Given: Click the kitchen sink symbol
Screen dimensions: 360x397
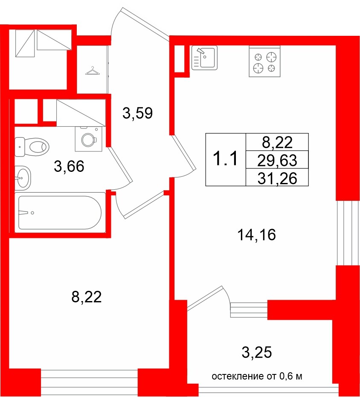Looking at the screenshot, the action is point(204,58).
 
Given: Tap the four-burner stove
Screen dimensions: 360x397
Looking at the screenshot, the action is point(264,61).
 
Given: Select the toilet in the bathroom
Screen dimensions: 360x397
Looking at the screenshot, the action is point(32,147).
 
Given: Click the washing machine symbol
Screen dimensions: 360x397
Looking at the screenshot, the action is point(88,139).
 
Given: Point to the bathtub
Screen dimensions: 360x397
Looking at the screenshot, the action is point(60,212).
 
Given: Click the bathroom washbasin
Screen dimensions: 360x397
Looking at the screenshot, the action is point(23,178).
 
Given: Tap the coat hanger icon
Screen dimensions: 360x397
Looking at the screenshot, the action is point(92,71).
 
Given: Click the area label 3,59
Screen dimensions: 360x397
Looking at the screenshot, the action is point(137,113).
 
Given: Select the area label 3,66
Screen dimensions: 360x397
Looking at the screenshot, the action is point(69,166).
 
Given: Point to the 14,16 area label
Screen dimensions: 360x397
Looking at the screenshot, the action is point(256,235).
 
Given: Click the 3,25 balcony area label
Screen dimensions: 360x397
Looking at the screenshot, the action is point(257,352).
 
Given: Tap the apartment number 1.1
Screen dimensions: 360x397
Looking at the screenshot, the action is point(225,159).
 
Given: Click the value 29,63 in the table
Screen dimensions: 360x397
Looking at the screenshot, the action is point(277,160).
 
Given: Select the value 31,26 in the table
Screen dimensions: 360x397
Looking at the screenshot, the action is point(277,179).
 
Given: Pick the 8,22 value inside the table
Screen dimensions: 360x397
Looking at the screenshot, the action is point(277,142).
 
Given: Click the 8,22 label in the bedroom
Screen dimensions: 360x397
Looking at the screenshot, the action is point(87,297).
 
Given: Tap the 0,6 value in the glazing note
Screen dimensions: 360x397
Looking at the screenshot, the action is point(285,377).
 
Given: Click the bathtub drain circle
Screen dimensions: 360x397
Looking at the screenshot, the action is point(32,213).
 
